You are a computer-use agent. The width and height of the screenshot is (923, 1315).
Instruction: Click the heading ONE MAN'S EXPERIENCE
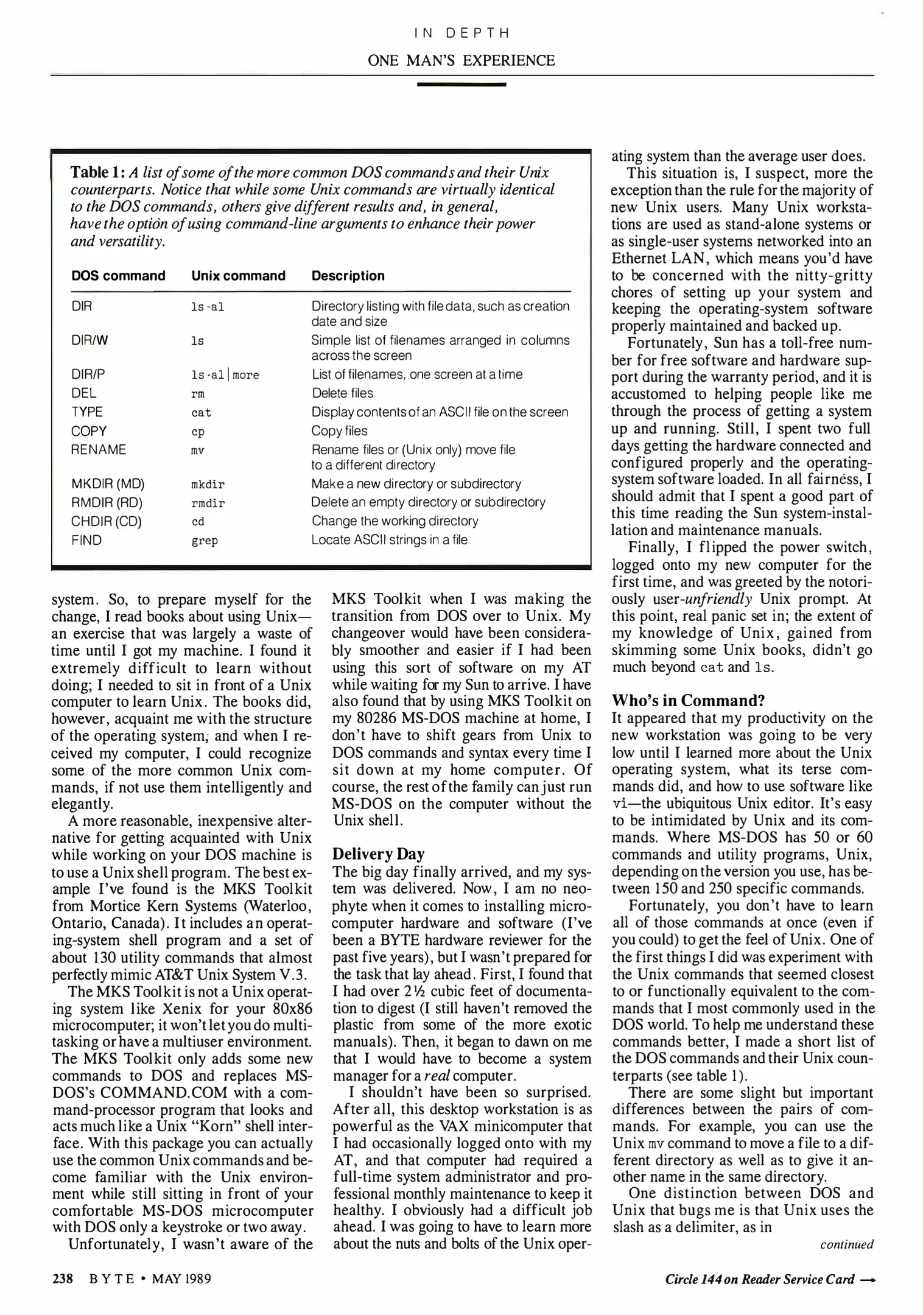tap(461, 60)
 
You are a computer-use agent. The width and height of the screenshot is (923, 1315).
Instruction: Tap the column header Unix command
tap(238, 276)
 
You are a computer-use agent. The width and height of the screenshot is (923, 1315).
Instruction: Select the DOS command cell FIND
tap(86, 540)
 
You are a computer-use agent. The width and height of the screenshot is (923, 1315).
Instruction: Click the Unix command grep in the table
tap(205, 541)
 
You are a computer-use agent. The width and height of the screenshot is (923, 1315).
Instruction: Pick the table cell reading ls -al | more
tap(225, 375)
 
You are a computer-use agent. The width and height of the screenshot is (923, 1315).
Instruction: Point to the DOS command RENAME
tap(99, 450)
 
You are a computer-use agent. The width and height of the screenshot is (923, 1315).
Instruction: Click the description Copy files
tap(339, 431)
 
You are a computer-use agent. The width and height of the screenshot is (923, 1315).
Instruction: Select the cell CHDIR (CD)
tap(106, 521)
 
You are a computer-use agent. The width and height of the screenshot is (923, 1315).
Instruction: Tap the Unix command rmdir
tap(208, 503)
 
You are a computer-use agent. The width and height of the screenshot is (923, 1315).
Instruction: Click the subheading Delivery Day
tap(378, 854)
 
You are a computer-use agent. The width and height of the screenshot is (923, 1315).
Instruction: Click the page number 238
tap(63, 1278)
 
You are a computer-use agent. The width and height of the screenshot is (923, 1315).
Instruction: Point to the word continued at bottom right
tap(846, 1244)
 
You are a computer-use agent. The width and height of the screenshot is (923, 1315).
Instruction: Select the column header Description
tap(348, 276)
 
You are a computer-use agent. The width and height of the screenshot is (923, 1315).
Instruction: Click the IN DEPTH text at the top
tap(461, 33)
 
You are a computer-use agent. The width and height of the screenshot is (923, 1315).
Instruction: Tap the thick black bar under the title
tap(461, 84)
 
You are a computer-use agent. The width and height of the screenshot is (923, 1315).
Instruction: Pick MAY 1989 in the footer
tap(181, 1278)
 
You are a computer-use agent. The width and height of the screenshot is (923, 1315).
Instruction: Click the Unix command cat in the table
tap(201, 413)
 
